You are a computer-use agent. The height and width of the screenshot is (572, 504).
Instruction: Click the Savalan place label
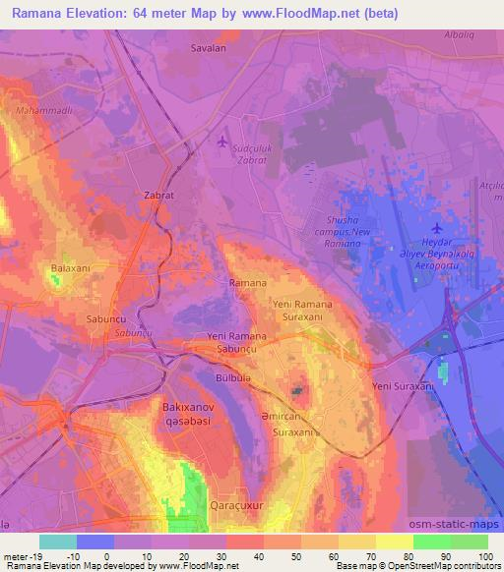coord(209,47)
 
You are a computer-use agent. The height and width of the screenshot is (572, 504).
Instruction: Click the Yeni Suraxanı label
coord(402,387)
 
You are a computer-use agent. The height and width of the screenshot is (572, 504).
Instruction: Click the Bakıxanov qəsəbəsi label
coord(188,412)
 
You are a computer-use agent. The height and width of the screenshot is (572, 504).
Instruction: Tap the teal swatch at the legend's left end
coord(57,542)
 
